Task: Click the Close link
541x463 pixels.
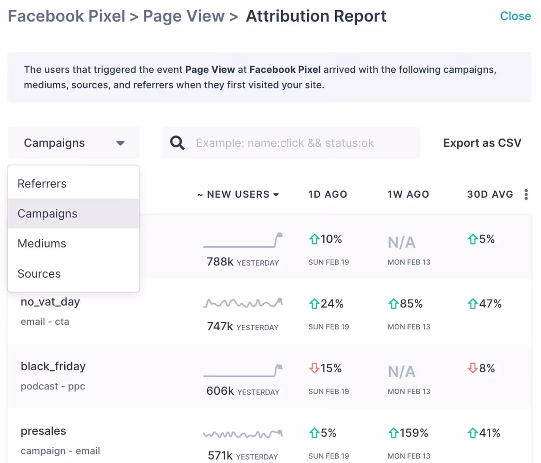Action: point(515,16)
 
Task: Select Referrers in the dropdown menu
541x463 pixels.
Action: point(42,184)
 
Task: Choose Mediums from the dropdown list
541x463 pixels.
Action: point(42,244)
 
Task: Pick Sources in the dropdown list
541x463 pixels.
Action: point(39,274)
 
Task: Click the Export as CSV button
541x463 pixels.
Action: point(482,143)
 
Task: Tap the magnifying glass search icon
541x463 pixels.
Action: point(177,143)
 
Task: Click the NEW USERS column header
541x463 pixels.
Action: point(238,194)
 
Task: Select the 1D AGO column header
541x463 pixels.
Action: point(328,194)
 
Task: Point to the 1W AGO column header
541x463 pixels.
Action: point(408,194)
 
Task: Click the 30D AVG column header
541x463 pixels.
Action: point(490,194)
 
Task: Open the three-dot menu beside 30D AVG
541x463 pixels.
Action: point(526,194)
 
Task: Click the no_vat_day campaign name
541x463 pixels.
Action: point(50,302)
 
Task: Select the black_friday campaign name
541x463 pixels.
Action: point(53,367)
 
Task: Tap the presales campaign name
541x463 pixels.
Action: point(44,431)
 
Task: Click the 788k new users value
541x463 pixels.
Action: point(220,262)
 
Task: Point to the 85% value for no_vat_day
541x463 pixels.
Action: point(411,304)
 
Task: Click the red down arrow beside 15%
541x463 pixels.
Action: point(314,368)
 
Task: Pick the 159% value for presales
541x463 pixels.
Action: point(413,433)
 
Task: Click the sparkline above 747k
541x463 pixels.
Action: point(243,303)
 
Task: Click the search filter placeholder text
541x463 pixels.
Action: point(285,143)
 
